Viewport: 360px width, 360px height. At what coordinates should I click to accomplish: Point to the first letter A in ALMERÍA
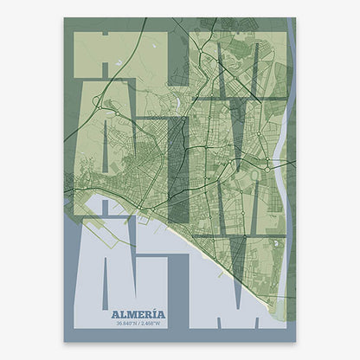(117, 314)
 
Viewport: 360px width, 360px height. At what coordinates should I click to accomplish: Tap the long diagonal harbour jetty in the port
(130, 213)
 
